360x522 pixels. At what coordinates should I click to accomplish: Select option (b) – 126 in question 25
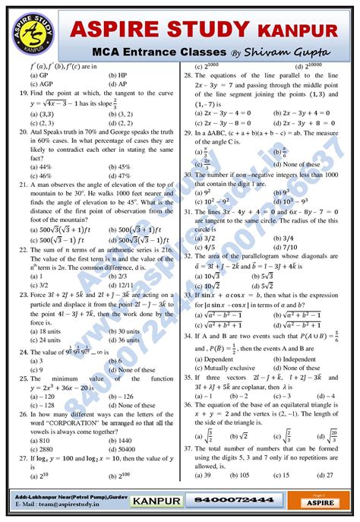coord(133,396)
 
